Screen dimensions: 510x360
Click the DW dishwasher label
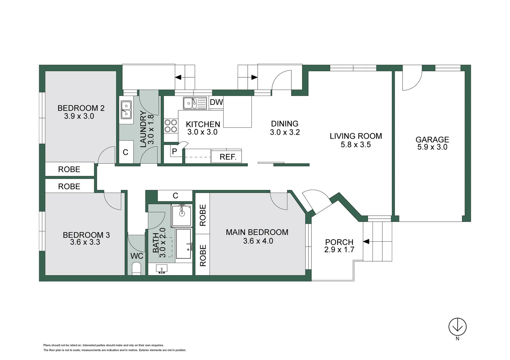pyautogui.click(x=216, y=102)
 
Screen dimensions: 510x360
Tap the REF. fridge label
pyautogui.click(x=228, y=157)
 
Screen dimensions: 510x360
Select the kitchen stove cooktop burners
pyautogui.click(x=171, y=126)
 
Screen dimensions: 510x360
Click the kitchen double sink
pyautogui.click(x=195, y=103)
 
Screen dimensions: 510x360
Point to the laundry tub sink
pyautogui.click(x=126, y=110)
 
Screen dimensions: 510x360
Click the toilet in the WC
pyautogui.click(x=137, y=269)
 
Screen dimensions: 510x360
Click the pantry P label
pyautogui.click(x=175, y=151)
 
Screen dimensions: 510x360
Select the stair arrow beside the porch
pyautogui.click(x=366, y=242)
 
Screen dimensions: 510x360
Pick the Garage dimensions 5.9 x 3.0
pyautogui.click(x=432, y=147)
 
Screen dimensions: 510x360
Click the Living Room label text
pyautogui.click(x=356, y=136)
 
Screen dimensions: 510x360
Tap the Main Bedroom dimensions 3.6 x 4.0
pyautogui.click(x=258, y=241)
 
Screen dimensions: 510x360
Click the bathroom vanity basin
pyautogui.click(x=162, y=269)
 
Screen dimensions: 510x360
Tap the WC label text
pyautogui.click(x=137, y=256)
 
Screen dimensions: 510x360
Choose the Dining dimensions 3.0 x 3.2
pyautogui.click(x=285, y=132)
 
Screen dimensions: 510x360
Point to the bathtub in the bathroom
pyautogui.click(x=184, y=244)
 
